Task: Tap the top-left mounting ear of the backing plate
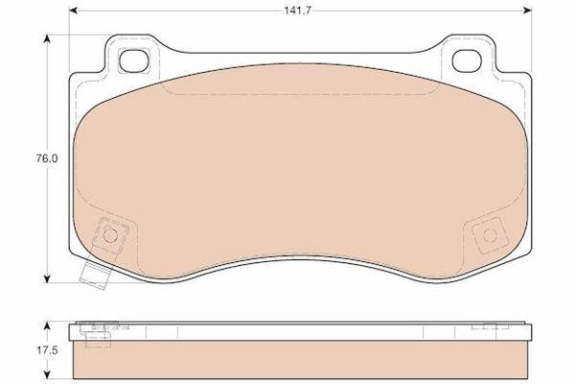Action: click(x=129, y=60)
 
